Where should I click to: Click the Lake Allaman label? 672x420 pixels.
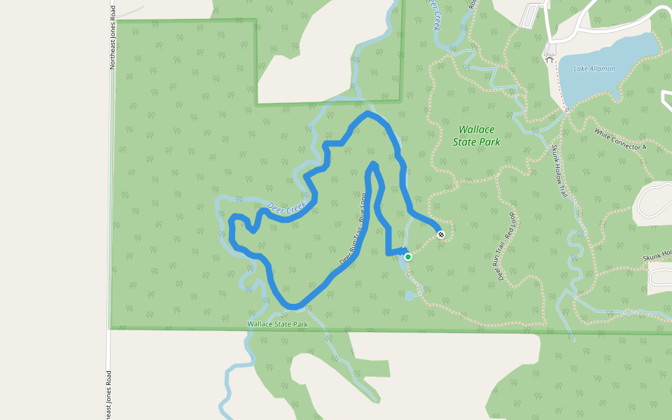(594, 69)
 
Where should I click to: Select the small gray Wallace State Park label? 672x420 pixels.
(278, 325)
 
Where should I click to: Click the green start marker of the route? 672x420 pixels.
(408, 257)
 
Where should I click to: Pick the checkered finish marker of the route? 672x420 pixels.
(440, 234)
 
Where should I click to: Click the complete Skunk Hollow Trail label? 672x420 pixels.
(558, 171)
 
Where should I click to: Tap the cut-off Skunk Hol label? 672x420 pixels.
(657, 255)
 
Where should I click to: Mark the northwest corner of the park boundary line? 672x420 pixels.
(117, 22)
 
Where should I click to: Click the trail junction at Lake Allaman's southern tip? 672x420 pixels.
(566, 110)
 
